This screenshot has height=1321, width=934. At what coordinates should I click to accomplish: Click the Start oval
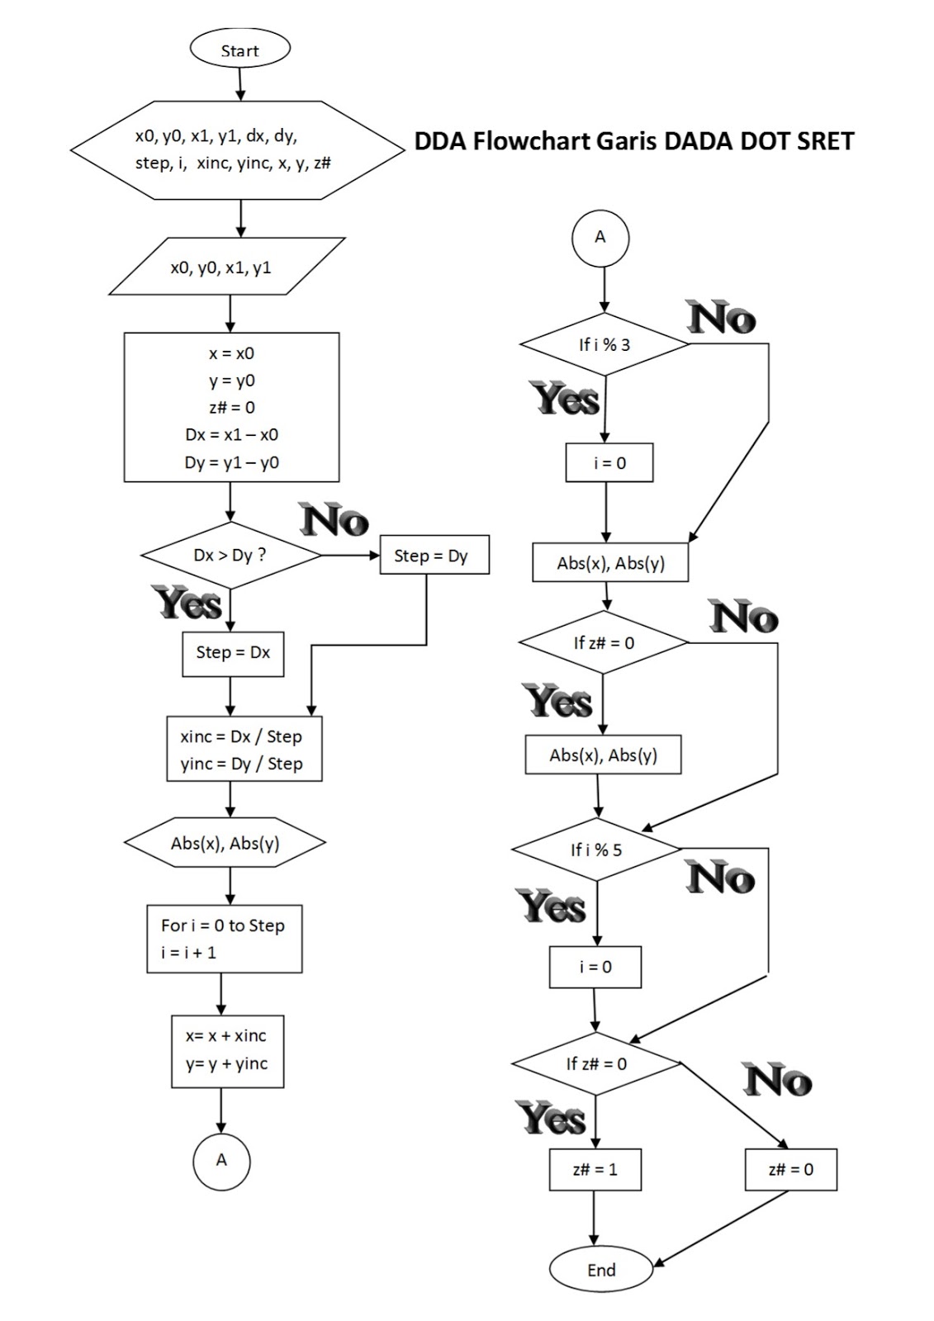[239, 50]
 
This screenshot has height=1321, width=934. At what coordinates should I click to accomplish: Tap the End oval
[600, 1269]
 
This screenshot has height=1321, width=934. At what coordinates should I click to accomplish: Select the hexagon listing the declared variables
[238, 149]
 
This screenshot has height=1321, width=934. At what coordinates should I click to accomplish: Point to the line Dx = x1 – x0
[231, 434]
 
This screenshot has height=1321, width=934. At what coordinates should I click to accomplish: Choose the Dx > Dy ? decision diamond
[230, 555]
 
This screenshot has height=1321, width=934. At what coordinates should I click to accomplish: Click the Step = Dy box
[434, 556]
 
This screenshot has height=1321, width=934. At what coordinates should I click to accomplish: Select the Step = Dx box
[233, 652]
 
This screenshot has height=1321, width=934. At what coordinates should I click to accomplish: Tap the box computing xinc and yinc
[244, 750]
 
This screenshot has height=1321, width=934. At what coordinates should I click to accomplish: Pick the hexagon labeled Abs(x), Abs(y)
[225, 843]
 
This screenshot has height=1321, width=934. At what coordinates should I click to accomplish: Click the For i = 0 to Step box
[224, 939]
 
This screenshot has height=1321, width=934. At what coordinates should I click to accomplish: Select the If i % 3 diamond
[604, 344]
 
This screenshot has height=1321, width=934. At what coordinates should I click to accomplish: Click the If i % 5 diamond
[596, 850]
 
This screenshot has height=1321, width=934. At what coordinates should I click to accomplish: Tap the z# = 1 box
[595, 1169]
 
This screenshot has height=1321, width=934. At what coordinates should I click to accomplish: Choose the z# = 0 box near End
[790, 1169]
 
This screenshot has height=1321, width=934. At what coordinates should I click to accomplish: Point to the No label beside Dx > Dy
[334, 520]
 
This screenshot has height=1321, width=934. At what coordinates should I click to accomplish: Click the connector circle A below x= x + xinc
[221, 1160]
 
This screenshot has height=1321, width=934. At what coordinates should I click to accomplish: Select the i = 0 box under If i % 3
[609, 463]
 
